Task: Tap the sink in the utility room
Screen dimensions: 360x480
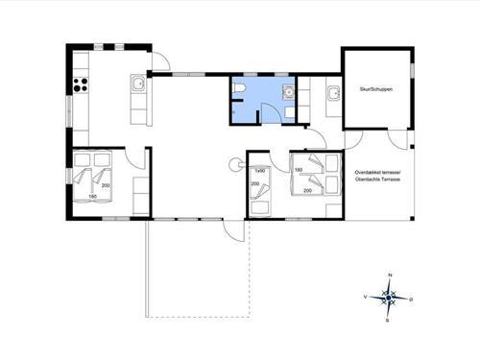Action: click(333, 93)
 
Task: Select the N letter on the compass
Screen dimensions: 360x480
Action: click(390, 276)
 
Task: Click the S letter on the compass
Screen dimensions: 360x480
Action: click(387, 320)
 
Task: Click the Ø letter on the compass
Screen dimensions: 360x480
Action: click(411, 299)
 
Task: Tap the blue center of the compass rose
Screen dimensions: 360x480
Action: click(389, 299)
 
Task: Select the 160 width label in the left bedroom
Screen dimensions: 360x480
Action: click(93, 197)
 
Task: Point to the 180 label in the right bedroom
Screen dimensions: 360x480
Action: click(299, 171)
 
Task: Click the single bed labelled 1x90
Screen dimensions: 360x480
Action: click(258, 192)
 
